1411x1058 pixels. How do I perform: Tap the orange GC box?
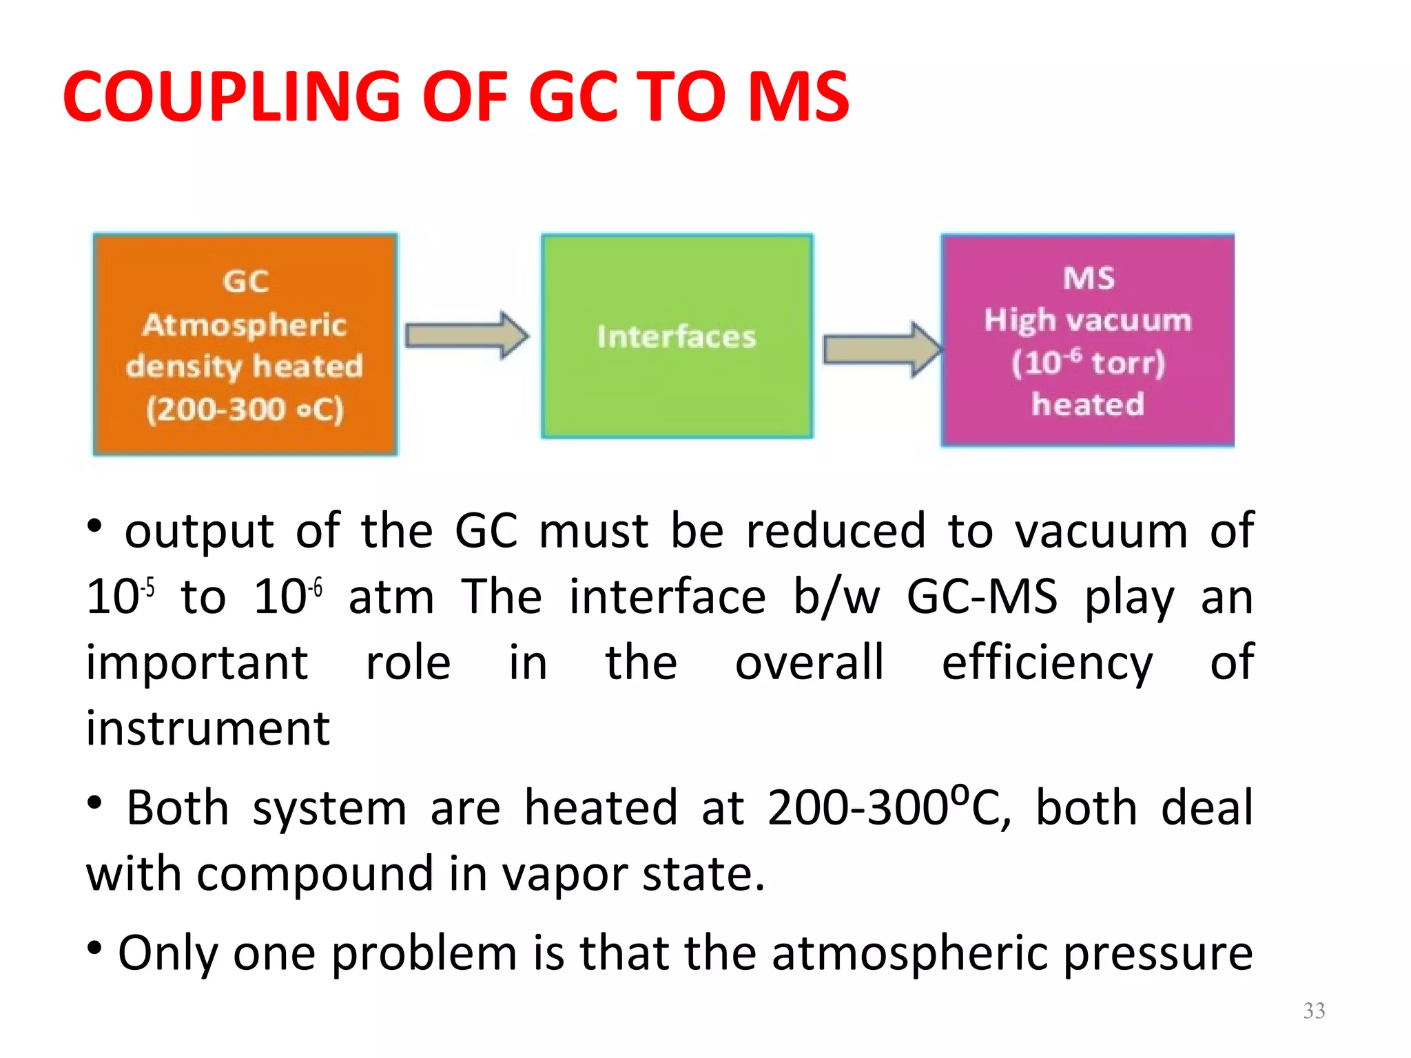pyautogui.click(x=245, y=344)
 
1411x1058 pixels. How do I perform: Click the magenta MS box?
pyautogui.click(x=1087, y=340)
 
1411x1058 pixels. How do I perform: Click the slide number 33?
pyautogui.click(x=1314, y=1010)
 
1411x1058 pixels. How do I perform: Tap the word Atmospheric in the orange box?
pyautogui.click(x=245, y=325)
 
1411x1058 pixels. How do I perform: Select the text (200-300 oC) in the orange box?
pyautogui.click(x=245, y=410)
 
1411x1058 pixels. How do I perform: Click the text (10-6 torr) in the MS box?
pyautogui.click(x=1088, y=362)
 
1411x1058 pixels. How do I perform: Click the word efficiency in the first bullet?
pyautogui.click(x=1047, y=663)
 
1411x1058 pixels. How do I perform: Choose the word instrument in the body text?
pyautogui.click(x=207, y=729)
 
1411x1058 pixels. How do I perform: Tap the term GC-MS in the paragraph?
pyautogui.click(x=981, y=597)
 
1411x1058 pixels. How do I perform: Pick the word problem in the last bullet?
pyautogui.click(x=423, y=953)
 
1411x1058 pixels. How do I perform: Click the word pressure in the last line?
pyautogui.click(x=1157, y=953)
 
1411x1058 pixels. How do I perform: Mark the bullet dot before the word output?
pyautogui.click(x=95, y=527)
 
